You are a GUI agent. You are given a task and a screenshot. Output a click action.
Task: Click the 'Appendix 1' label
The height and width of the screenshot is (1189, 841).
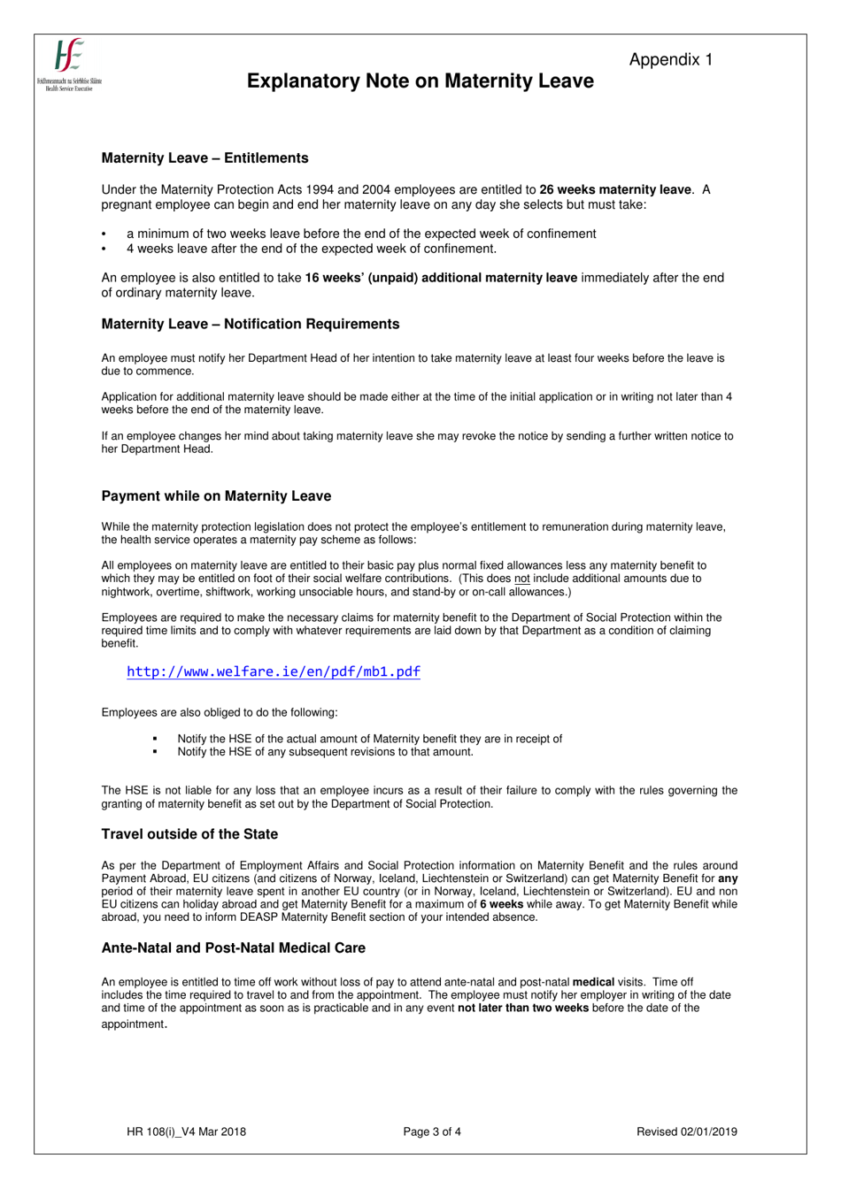click(x=670, y=59)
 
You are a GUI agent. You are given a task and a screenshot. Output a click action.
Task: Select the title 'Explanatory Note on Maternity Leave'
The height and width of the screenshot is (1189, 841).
click(x=420, y=81)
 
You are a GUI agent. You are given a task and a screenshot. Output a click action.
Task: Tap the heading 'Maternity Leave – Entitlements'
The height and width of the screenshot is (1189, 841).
click(x=204, y=158)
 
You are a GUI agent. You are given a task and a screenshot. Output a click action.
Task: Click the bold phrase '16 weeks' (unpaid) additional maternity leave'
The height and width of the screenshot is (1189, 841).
click(x=441, y=278)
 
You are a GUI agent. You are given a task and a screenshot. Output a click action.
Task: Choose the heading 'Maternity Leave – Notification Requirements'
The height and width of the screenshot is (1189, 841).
click(x=250, y=325)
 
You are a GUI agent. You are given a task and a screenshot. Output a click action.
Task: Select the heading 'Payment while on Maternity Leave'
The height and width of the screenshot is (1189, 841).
click(x=216, y=496)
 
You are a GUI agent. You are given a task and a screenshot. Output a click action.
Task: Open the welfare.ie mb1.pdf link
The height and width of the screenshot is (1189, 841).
click(x=273, y=671)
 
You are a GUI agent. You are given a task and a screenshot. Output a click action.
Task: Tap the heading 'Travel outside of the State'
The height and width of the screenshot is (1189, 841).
click(x=189, y=834)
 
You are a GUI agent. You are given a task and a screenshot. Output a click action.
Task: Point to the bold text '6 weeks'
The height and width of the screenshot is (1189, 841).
click(x=501, y=904)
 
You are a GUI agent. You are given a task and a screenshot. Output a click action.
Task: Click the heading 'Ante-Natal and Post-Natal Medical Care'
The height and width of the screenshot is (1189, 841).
click(x=233, y=948)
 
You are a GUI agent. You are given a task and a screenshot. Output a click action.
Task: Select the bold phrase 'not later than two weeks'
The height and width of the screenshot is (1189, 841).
click(x=522, y=1008)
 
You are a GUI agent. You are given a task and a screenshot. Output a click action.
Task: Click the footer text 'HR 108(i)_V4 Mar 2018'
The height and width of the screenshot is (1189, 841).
click(x=187, y=1131)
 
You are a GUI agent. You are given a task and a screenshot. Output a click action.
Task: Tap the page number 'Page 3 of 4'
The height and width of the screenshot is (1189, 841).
click(x=432, y=1131)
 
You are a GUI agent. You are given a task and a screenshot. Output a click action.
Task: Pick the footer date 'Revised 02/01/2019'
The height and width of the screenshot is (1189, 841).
click(x=686, y=1131)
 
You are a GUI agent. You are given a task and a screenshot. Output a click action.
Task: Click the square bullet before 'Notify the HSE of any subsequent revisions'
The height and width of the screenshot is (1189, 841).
click(x=155, y=752)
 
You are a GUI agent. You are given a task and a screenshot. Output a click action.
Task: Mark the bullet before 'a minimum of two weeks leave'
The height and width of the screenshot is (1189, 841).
click(x=104, y=234)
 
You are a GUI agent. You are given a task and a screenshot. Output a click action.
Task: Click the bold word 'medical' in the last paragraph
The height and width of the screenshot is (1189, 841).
click(x=593, y=982)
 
